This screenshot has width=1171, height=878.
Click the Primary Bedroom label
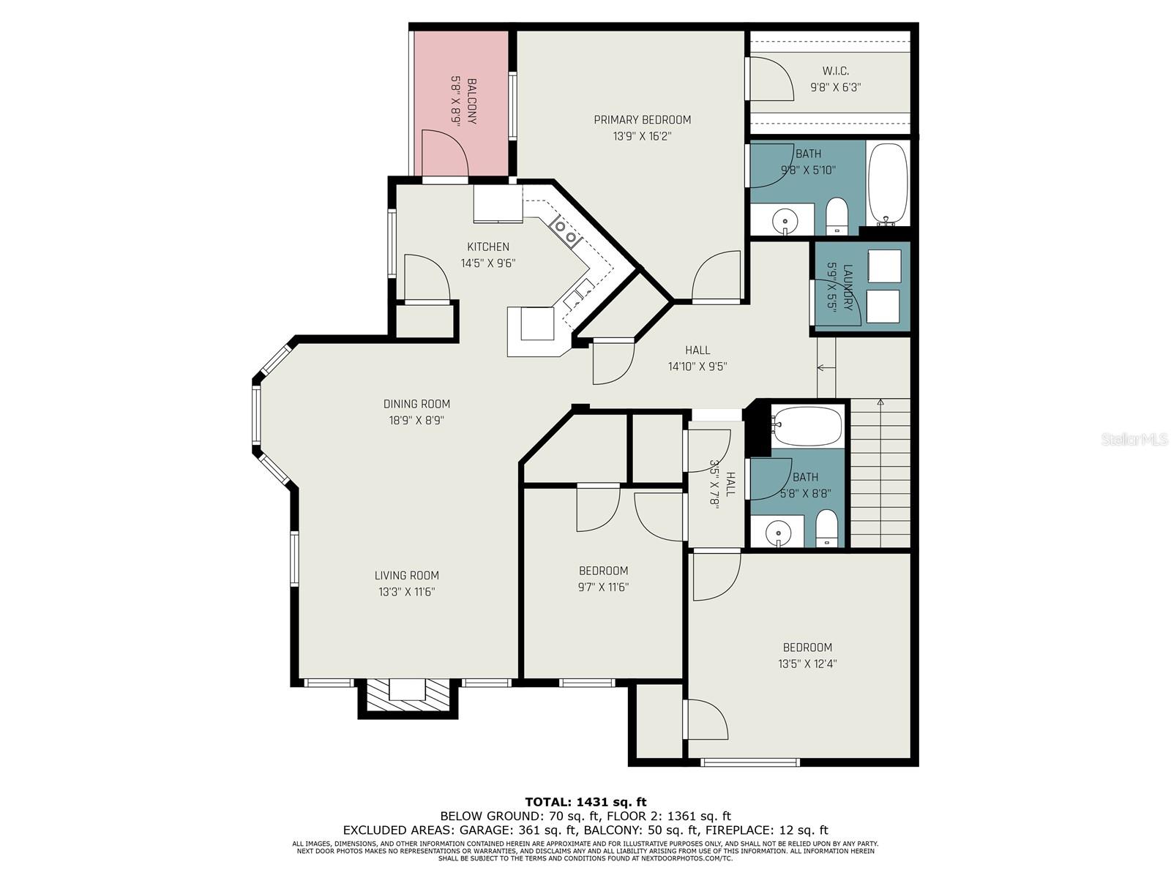pos(643,120)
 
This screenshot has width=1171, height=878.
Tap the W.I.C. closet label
pos(836,71)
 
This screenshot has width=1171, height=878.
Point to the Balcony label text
pos(471,101)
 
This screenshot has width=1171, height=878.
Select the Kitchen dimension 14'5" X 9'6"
pos(488,263)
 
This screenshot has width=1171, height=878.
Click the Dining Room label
pos(416,404)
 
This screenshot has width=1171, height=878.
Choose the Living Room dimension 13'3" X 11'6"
pos(406,592)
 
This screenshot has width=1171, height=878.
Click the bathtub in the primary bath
pos(887,184)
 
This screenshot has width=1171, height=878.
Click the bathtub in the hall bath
pos(807,427)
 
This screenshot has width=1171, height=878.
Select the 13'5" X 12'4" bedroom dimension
pos(807,664)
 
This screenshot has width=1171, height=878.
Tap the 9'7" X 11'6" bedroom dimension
pos(603,587)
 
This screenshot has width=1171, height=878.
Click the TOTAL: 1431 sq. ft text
pos(585,802)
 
